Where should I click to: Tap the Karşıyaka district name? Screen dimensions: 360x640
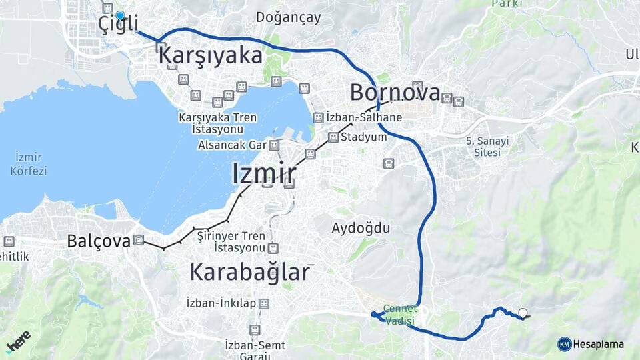point(211,56)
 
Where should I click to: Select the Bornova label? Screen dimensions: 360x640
point(395,93)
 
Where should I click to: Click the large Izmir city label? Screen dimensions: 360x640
point(264,173)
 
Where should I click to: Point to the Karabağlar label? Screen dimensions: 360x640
point(250,272)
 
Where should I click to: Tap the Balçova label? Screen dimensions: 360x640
point(98,241)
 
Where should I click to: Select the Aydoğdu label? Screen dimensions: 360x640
point(361,228)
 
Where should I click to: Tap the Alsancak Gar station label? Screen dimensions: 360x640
point(232,145)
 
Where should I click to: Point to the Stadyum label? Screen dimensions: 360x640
point(363,137)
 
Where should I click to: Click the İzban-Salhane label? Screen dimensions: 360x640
point(364,117)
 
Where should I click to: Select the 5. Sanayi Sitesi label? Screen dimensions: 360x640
point(487,147)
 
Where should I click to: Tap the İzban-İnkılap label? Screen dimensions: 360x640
point(221,304)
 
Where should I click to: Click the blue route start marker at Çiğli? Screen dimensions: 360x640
point(120,15)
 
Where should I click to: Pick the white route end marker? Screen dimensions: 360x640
point(523,313)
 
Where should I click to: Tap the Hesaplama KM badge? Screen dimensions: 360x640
point(591,344)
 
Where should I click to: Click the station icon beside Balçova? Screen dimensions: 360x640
point(139,241)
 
